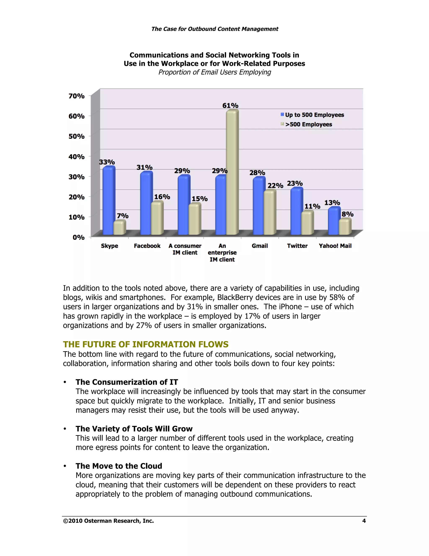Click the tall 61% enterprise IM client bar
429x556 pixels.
(x=232, y=173)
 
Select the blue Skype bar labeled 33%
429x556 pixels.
(x=109, y=201)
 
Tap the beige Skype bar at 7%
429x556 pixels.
(x=119, y=228)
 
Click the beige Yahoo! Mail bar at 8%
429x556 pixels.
(x=345, y=227)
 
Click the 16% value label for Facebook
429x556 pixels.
(x=162, y=197)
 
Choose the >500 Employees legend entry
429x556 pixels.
(x=308, y=124)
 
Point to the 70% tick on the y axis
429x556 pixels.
(x=76, y=96)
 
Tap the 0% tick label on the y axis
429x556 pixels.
(x=79, y=237)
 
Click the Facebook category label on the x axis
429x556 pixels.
(x=147, y=246)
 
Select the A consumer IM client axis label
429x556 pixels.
(x=185, y=249)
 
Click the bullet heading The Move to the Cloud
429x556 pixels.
(x=119, y=466)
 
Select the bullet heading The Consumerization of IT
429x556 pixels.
(x=127, y=382)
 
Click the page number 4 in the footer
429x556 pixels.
(x=364, y=521)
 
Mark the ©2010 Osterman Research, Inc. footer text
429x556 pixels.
(x=109, y=521)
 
